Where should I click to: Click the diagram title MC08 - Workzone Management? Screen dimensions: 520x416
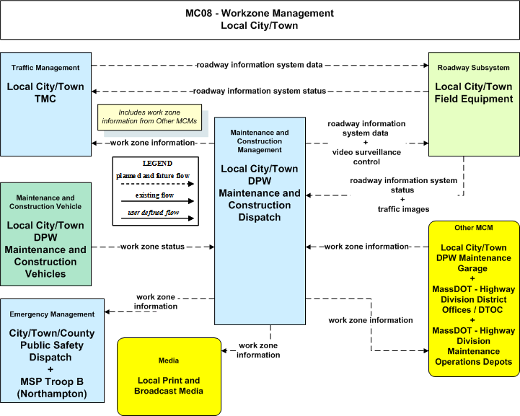pyautogui.click(x=260, y=13)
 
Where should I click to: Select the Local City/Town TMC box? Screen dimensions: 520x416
pyautogui.click(x=45, y=104)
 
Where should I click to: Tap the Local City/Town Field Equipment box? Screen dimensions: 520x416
pyautogui.click(x=474, y=104)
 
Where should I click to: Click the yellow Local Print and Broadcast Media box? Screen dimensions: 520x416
pyautogui.click(x=169, y=376)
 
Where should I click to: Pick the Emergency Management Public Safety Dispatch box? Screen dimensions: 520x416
pyautogui.click(x=53, y=350)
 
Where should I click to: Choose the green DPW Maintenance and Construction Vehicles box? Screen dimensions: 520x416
pyautogui.click(x=45, y=234)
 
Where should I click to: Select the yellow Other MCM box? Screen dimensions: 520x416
pyautogui.click(x=474, y=298)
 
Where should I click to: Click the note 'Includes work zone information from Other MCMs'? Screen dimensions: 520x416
pyautogui.click(x=149, y=117)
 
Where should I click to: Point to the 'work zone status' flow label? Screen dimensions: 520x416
pyautogui.click(x=152, y=247)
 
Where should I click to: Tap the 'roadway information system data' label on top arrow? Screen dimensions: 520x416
pyautogui.click(x=260, y=65)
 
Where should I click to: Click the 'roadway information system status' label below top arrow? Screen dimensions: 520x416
pyautogui.click(x=260, y=91)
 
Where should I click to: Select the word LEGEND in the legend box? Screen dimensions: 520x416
pyautogui.click(x=157, y=164)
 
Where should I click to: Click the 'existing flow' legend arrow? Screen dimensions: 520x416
pyautogui.click(x=157, y=201)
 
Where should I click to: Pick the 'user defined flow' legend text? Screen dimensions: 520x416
pyautogui.click(x=153, y=212)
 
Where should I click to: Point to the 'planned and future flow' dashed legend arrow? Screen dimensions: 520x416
pyautogui.click(x=157, y=184)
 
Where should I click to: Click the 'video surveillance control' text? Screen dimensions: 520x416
pyautogui.click(x=366, y=156)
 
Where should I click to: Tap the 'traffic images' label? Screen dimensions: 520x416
pyautogui.click(x=403, y=209)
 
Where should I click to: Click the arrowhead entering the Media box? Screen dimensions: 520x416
pyautogui.click(x=224, y=350)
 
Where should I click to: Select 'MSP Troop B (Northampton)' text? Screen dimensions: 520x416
pyautogui.click(x=52, y=387)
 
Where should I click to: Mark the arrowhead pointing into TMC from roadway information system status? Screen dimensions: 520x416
pyautogui.click(x=94, y=91)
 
